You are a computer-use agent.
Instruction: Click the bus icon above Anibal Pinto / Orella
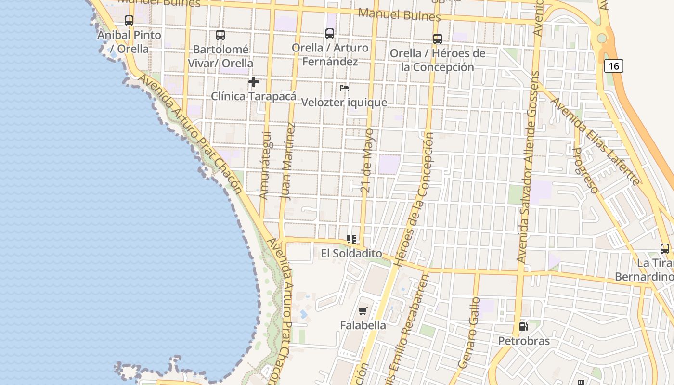[x=129, y=21]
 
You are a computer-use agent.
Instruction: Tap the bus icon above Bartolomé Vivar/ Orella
[x=220, y=35]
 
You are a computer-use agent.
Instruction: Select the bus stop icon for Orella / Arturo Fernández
[x=330, y=34]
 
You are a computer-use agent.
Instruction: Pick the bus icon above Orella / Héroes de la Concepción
[x=438, y=39]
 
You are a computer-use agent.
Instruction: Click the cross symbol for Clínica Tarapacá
[x=254, y=82]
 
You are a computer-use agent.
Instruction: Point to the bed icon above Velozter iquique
[x=344, y=88]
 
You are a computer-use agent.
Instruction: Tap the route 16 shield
[x=614, y=65]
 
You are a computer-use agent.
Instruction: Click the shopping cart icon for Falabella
[x=363, y=311]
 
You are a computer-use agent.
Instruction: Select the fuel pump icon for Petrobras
[x=523, y=327]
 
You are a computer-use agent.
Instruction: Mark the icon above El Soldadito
[x=351, y=239]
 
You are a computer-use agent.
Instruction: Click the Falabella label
[x=363, y=325]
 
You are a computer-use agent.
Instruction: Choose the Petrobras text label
[x=524, y=341]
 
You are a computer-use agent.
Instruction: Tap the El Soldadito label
[x=351, y=254]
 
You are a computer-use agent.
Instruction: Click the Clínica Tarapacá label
[x=254, y=96]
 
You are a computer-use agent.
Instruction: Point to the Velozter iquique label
[x=344, y=103]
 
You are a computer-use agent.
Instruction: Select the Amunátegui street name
[x=265, y=166]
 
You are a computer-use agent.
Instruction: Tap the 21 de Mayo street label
[x=367, y=160]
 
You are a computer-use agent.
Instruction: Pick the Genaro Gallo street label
[x=470, y=333]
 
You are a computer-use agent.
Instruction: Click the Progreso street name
[x=585, y=170]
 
